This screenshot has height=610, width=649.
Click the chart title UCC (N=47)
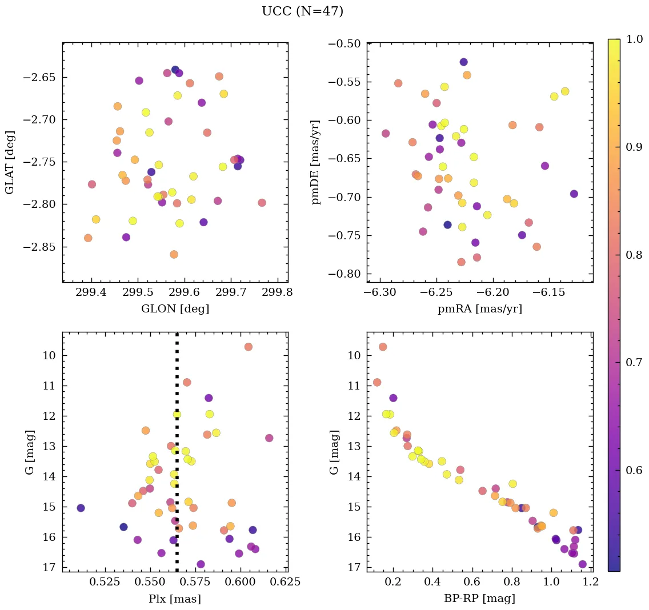coord(302,11)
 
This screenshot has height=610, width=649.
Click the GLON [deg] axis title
coord(175,309)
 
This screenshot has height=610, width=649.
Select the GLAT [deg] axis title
coord(10,162)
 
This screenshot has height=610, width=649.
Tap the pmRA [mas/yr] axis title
coord(479,309)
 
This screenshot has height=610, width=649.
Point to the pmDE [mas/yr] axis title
coord(316,162)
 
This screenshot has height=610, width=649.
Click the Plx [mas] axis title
coord(175,599)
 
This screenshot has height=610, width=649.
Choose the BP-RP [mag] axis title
coord(479,599)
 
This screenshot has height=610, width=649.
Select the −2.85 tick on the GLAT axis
coord(42,247)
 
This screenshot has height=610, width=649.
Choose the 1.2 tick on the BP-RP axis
coord(591,583)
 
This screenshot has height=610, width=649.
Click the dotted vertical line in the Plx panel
coord(177,400)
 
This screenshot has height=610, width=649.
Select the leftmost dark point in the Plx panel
coord(81,508)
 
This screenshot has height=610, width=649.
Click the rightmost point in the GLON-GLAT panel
coord(262,203)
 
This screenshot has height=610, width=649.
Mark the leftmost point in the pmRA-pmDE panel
coord(386,133)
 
